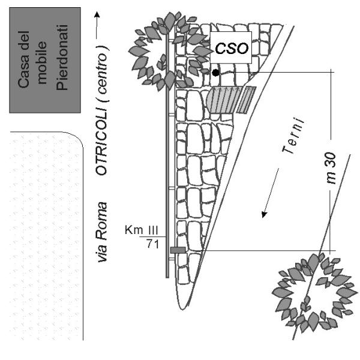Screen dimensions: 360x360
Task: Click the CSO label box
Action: [x=231, y=47]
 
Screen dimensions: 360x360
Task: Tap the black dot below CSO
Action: [x=215, y=73]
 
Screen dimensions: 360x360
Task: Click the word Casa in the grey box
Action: [x=23, y=59]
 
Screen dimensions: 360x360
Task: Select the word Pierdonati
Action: [x=62, y=57]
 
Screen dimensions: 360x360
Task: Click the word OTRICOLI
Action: [x=101, y=142]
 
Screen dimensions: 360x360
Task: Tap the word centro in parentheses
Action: [x=102, y=73]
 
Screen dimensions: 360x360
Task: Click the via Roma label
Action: [x=102, y=232]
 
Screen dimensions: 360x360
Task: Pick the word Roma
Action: [x=101, y=221]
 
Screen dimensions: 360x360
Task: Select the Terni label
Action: [x=293, y=136]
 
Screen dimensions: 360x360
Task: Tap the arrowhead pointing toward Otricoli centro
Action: [x=97, y=14]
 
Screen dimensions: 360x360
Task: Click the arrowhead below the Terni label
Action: [x=264, y=214]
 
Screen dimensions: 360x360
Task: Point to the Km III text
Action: [x=141, y=230]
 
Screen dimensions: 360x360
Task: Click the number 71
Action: [x=152, y=244]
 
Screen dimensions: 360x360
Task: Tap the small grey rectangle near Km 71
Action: [x=178, y=250]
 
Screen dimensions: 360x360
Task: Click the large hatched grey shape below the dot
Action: [x=224, y=100]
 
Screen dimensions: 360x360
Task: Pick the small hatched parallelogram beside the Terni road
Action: [x=247, y=100]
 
